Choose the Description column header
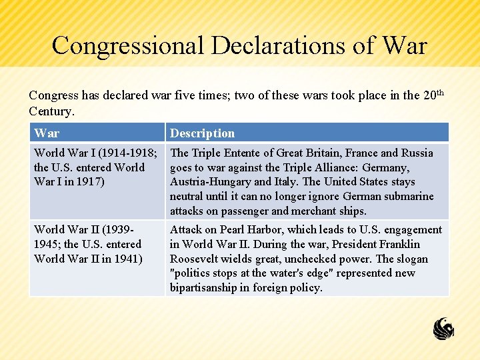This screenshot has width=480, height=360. tap(202, 133)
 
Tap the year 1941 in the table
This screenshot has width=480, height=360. tap(125, 259)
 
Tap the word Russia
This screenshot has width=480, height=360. tap(416, 153)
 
